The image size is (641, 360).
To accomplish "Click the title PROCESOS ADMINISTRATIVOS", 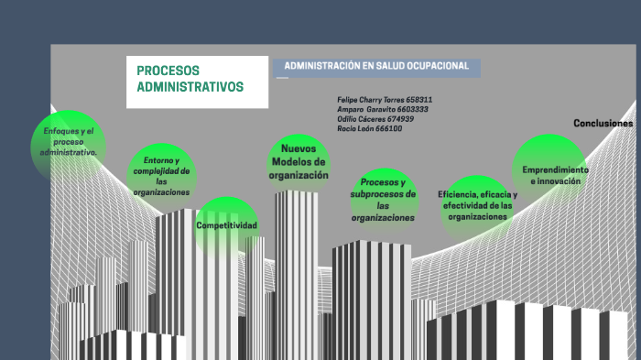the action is pos(190,79).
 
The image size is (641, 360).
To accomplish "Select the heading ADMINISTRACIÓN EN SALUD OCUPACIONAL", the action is pos(376,66).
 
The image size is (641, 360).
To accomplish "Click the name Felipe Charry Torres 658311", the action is pos(385,99).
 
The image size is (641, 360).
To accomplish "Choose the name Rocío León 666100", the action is pos(369,129).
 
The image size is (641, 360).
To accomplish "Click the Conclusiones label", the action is pos(603,123).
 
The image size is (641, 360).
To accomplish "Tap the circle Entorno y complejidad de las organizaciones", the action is pos(161,176).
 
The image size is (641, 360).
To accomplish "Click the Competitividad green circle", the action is pos(226,225).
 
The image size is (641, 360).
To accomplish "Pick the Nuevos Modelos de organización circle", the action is pos(299,162).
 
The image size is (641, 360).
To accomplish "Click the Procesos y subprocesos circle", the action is pos(383,200).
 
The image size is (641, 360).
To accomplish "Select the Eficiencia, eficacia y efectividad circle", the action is pos(477,206).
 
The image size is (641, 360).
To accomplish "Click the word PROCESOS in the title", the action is pos(168,71).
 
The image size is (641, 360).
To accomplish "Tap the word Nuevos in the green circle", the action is pos(299,148).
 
